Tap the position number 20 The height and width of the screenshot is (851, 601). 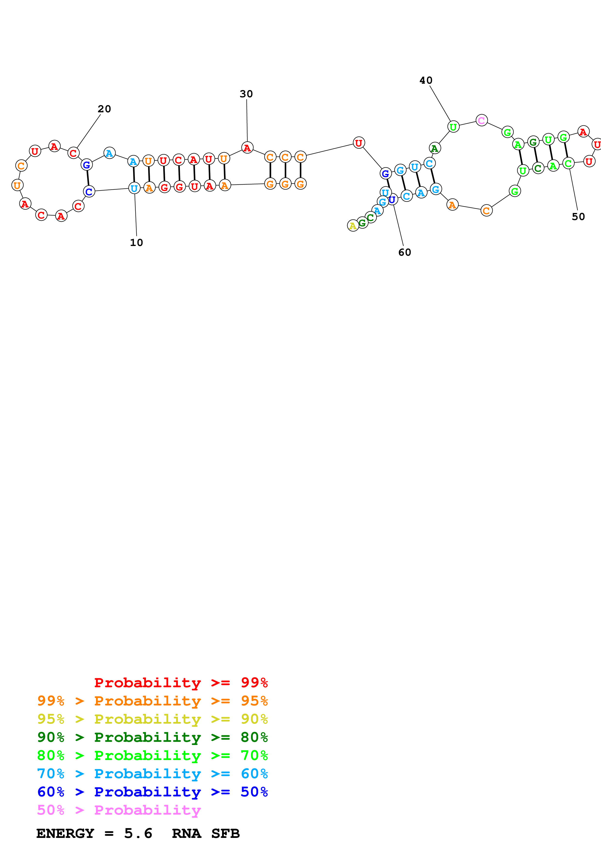coord(104,109)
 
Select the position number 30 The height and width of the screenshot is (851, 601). coord(246,94)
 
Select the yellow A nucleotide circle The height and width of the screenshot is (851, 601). coord(353,225)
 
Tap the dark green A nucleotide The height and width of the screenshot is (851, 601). coord(435,148)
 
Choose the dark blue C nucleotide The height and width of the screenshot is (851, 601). coord(89,192)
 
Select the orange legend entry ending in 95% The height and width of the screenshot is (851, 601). coord(152,701)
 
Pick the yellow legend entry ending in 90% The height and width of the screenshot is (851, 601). coord(152,719)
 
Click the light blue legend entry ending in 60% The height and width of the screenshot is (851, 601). coord(152,774)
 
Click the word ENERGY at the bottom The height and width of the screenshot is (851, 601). coord(65,833)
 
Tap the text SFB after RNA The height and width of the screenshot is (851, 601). coord(225,833)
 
